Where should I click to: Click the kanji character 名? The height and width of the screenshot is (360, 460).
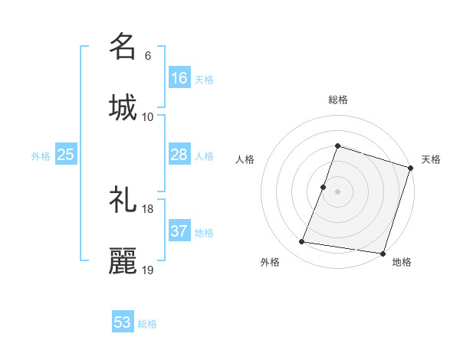(x=123, y=46)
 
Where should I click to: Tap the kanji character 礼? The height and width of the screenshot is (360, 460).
(x=123, y=200)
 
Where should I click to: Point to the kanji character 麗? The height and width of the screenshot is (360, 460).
(x=123, y=261)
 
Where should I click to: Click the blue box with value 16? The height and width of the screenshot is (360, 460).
(x=179, y=78)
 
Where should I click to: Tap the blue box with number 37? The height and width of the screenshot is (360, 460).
(x=179, y=231)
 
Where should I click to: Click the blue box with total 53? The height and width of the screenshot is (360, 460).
(x=123, y=322)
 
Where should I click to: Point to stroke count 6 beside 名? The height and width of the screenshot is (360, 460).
(x=148, y=56)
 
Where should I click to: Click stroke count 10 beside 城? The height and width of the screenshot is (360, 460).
(x=148, y=117)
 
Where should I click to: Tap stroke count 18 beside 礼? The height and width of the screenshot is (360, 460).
(x=148, y=209)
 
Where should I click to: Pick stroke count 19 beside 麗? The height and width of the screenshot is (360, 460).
(x=148, y=270)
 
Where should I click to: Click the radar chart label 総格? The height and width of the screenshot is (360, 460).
(x=338, y=100)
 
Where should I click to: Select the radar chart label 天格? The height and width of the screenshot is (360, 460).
(x=432, y=159)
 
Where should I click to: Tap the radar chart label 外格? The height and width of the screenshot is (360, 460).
(x=270, y=262)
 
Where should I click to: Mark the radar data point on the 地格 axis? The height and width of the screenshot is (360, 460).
(x=383, y=254)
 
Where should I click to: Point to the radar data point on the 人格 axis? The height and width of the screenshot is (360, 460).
(x=324, y=187)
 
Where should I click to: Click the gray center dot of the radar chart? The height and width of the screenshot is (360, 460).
(x=338, y=191)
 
